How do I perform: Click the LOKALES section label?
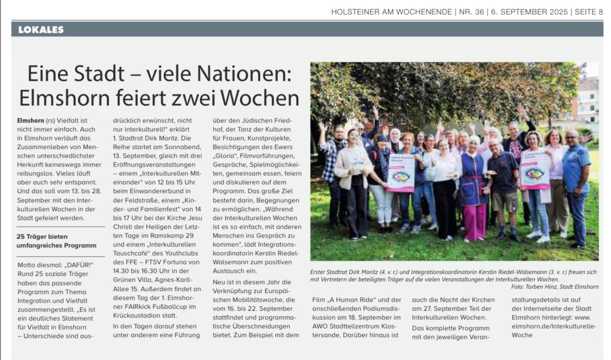coord(41,30)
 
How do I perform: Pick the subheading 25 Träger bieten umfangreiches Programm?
coord(54,240)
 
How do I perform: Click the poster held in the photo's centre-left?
coord(401,172)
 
